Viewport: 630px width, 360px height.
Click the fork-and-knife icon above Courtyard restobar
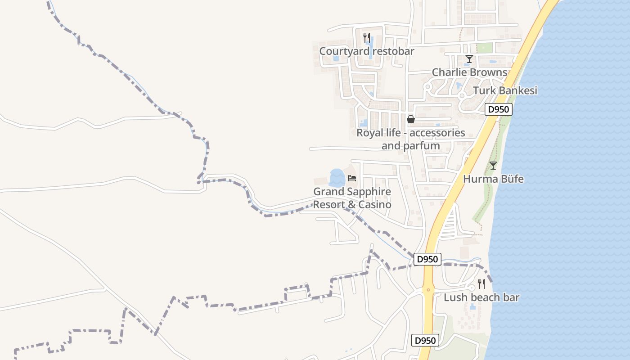click(x=367, y=38)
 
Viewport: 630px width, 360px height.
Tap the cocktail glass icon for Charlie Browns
click(x=469, y=59)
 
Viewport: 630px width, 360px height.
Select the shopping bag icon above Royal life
click(x=410, y=119)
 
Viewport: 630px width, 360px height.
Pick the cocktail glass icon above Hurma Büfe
click(x=493, y=166)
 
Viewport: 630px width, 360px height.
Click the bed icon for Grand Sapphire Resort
click(x=352, y=178)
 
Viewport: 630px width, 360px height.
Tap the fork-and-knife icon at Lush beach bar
click(x=481, y=284)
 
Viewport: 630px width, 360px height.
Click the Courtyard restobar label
click(x=366, y=51)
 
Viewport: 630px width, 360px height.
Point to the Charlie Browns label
click(x=469, y=72)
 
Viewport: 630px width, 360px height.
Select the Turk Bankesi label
click(x=505, y=90)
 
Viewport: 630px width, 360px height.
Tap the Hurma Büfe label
click(x=493, y=179)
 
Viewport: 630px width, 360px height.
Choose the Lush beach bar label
click(x=481, y=297)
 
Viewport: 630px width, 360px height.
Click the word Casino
click(x=375, y=205)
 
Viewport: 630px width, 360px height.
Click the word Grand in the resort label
click(x=325, y=192)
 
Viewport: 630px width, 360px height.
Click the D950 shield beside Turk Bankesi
click(x=499, y=109)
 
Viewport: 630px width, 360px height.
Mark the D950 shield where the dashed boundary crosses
click(x=427, y=259)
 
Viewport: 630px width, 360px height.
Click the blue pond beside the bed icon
click(x=337, y=178)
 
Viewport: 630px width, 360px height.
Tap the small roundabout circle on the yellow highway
click(x=428, y=290)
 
